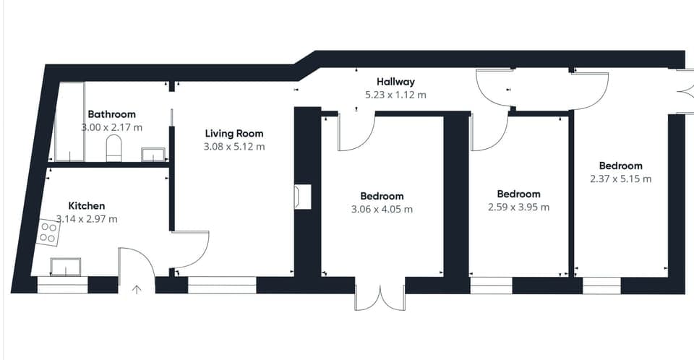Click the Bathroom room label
click(x=111, y=114)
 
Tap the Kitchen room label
click(x=87, y=206)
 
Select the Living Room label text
click(x=234, y=133)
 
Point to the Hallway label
click(x=395, y=82)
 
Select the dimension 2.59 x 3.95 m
click(x=518, y=207)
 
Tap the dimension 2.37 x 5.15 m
click(x=620, y=179)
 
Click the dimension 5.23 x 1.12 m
click(x=395, y=95)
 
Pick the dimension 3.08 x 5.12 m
click(x=234, y=146)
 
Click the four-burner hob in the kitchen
click(x=48, y=231)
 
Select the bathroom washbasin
click(x=153, y=154)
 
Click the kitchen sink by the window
click(x=65, y=267)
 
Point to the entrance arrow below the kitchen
click(x=137, y=289)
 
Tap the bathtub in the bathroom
click(x=69, y=121)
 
